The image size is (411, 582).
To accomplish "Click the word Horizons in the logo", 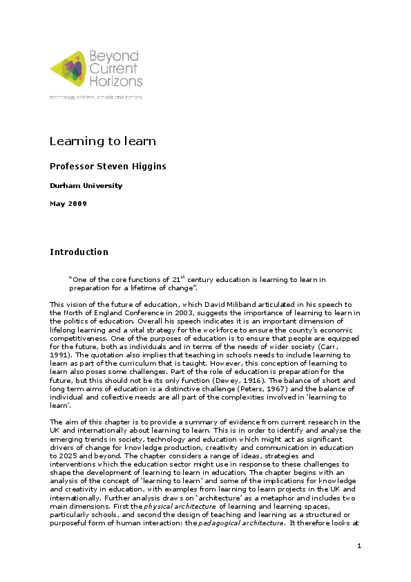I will [115, 81].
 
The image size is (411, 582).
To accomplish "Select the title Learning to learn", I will [102, 142].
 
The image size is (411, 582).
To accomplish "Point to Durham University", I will [86, 185].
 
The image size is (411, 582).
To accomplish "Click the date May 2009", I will [68, 203].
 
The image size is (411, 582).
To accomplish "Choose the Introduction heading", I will [79, 252].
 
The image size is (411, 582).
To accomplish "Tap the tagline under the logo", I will [96, 97].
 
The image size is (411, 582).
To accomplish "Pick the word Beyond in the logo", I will [114, 56].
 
